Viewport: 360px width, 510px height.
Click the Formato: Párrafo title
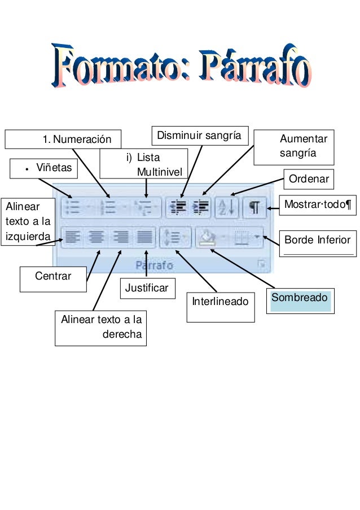tap(182, 67)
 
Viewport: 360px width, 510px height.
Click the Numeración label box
tap(63, 139)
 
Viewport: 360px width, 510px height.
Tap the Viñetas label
tap(45, 168)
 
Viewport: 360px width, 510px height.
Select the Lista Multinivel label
tap(144, 164)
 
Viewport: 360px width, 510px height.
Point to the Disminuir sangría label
tap(199, 136)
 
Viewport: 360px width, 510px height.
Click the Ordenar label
tap(309, 180)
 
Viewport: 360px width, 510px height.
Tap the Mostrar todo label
tap(317, 204)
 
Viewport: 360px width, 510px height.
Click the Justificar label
tap(147, 288)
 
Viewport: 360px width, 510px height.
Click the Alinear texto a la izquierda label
tap(29, 221)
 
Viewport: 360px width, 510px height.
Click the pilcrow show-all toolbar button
tap(254, 207)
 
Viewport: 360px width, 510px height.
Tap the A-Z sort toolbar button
tap(227, 207)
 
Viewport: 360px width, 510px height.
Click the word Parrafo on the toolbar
tap(154, 264)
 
